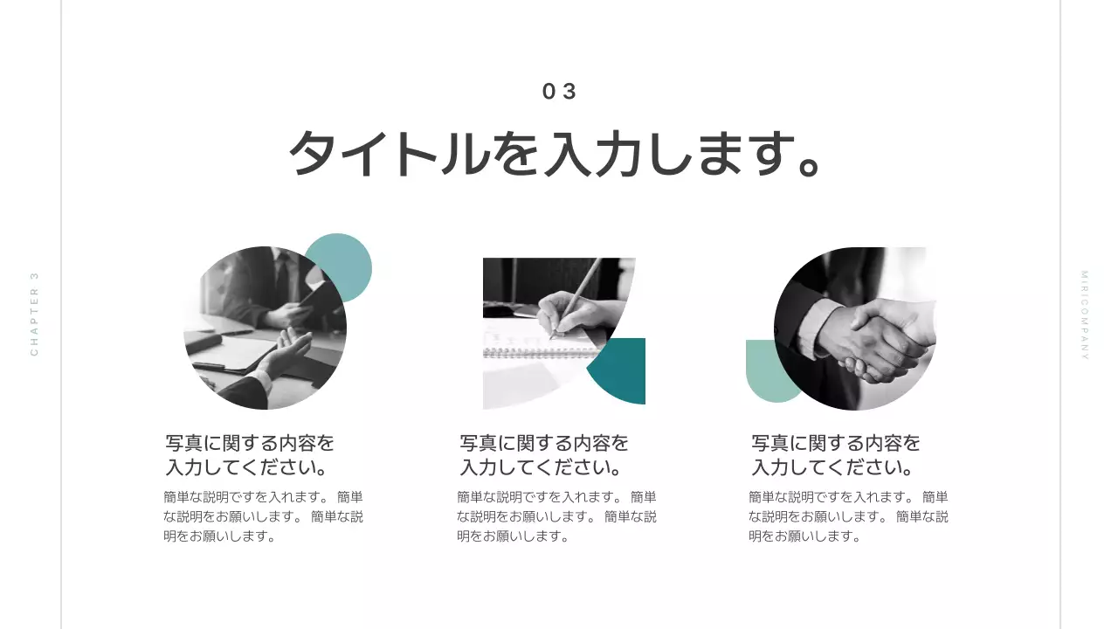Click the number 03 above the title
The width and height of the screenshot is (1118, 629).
[559, 92]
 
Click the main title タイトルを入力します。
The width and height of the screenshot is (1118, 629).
[556, 155]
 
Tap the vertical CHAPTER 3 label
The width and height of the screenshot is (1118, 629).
[35, 314]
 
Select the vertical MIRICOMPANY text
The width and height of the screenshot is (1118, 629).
[1084, 314]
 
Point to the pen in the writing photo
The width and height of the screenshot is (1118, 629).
[580, 288]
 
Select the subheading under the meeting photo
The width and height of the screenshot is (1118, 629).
[250, 455]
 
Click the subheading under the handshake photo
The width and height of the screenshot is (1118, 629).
[836, 455]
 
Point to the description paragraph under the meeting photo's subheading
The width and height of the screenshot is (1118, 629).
[263, 516]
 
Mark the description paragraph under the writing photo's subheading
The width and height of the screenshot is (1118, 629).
[556, 516]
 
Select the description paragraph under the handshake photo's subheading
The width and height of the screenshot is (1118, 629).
[848, 516]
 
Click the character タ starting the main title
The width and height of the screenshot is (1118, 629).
[312, 155]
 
